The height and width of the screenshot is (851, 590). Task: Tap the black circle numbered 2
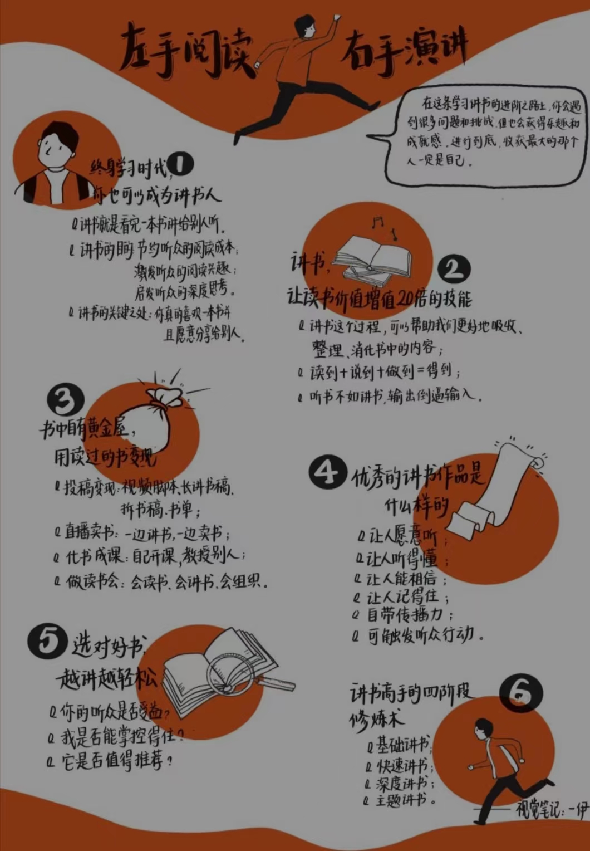454,270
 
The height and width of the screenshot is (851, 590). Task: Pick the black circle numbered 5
47,640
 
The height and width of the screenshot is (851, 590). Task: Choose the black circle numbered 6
520,692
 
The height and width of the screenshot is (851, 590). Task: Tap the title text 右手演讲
404,49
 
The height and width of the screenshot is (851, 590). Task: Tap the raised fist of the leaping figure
336,18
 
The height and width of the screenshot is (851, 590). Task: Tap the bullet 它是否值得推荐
114,761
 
